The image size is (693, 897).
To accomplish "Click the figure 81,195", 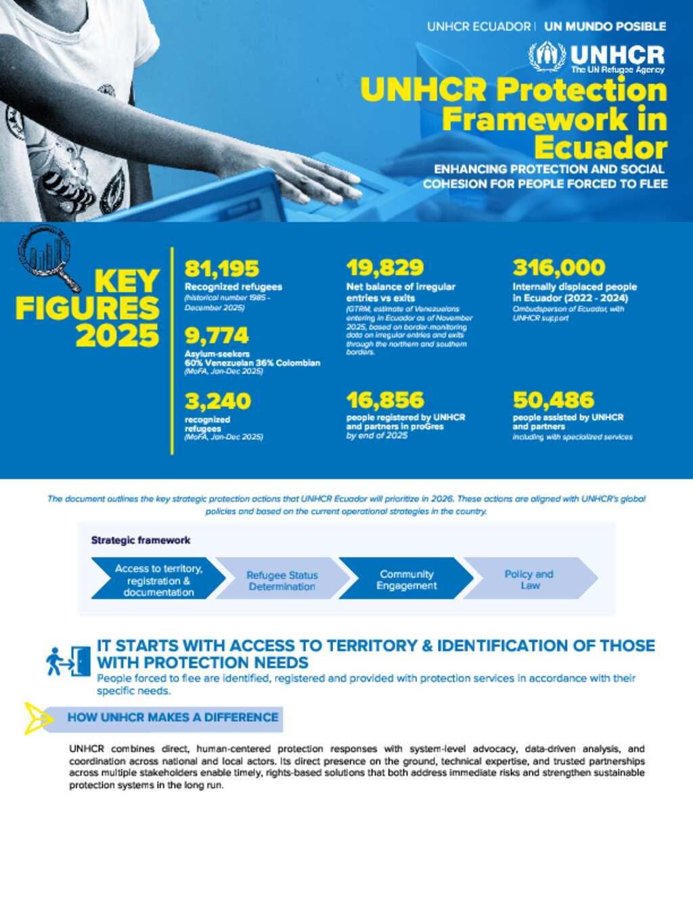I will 222,269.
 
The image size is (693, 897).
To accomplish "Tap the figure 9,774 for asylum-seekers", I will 217,335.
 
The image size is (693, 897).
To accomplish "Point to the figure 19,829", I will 385,267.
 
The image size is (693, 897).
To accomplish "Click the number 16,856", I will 385,399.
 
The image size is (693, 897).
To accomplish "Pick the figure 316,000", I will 559,267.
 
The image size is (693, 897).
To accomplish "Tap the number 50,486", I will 554,399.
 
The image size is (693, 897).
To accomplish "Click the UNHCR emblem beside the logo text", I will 547,57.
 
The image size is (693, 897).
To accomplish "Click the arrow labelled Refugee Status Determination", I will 282,579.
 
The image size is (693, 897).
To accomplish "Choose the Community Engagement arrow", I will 406,579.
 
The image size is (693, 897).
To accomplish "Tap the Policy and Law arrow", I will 529,579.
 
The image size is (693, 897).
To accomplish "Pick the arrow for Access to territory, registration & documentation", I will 158,579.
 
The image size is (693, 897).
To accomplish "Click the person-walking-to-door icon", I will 68,661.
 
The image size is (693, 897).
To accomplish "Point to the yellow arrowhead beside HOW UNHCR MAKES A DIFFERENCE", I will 35,718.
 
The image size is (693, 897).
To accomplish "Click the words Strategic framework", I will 141,540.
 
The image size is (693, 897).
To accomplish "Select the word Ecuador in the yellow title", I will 600,148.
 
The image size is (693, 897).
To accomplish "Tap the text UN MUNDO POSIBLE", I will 605,26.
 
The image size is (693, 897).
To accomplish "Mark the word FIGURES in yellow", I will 87,309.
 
